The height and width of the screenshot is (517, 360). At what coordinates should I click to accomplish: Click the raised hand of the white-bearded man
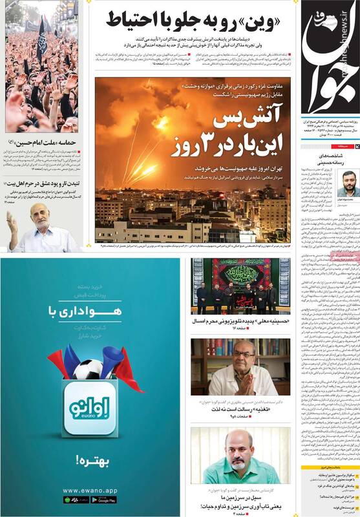coord(11,223)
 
